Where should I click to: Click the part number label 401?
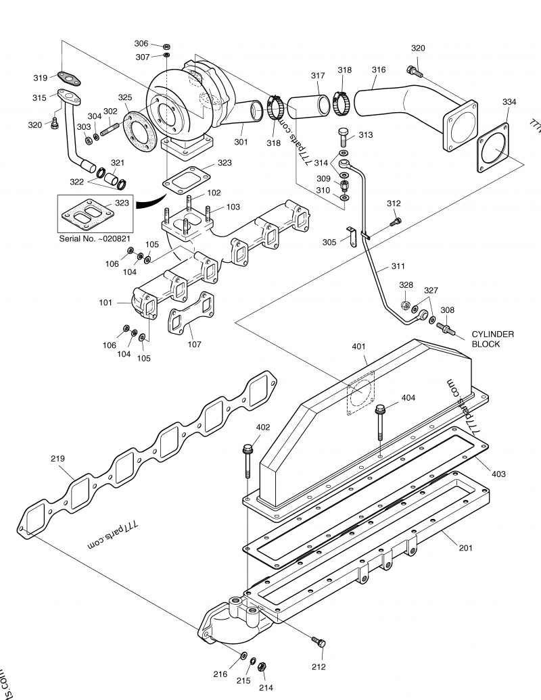coord(358,347)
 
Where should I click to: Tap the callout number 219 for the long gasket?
coord(58,459)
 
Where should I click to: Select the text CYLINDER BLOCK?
coord(492,339)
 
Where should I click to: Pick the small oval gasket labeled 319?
coord(68,80)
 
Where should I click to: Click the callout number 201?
coord(465,547)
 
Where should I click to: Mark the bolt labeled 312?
coord(396,220)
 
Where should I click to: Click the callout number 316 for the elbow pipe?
coord(379,70)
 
